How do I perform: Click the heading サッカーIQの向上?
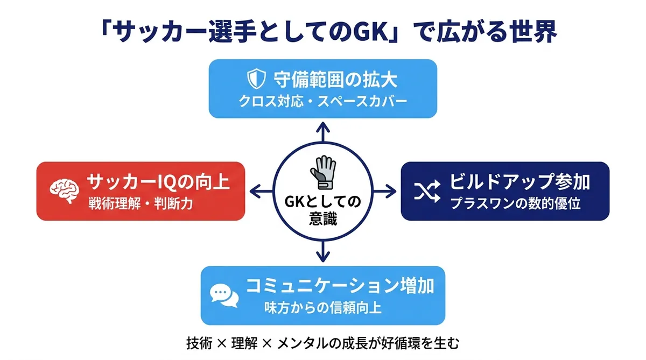click(158, 182)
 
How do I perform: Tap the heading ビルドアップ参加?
click(519, 182)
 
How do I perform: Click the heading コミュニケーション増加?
click(340, 285)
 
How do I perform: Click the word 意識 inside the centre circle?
click(322, 220)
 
